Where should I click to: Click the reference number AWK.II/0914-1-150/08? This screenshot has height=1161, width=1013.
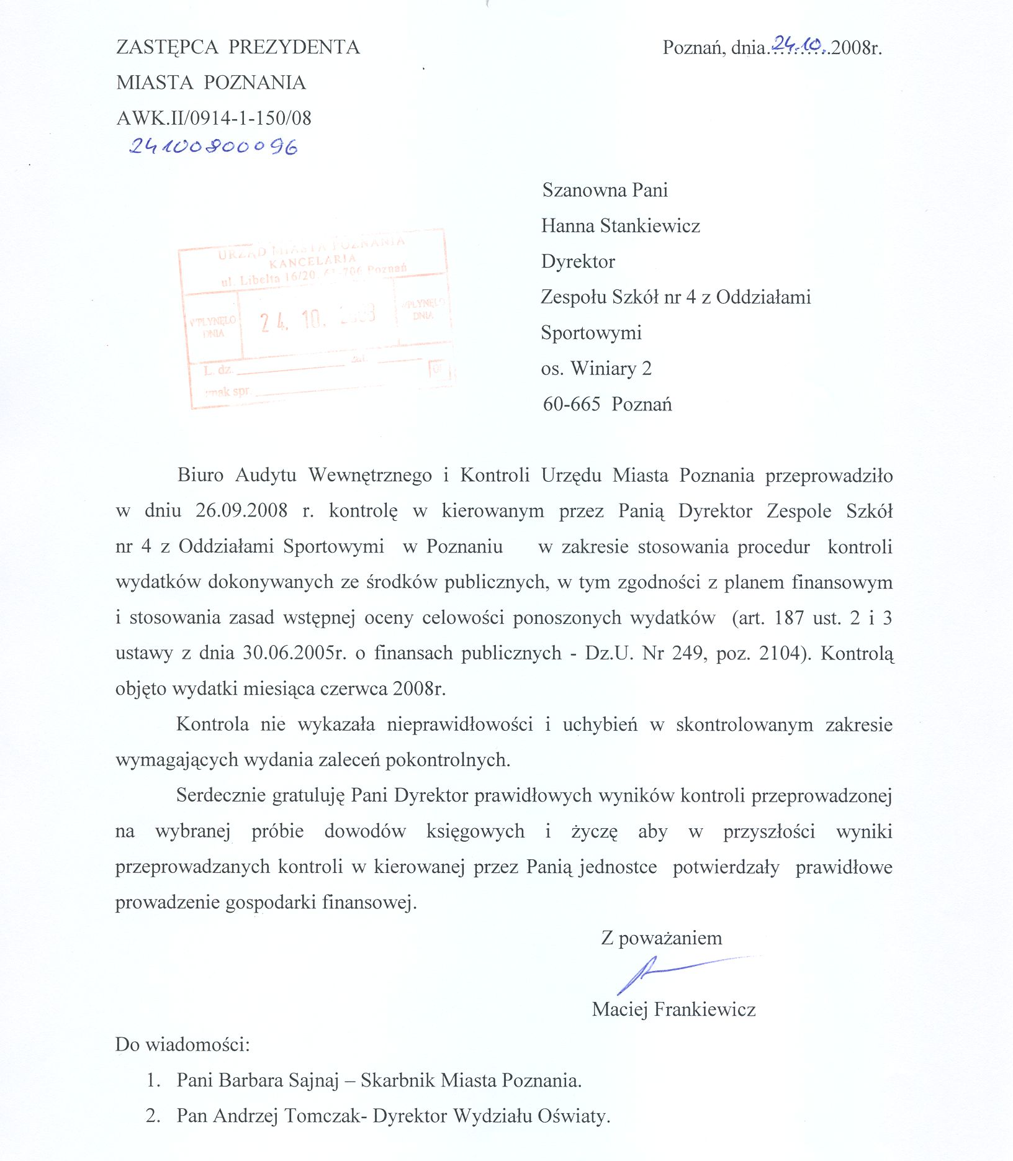[214, 118]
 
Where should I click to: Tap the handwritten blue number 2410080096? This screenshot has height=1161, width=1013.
[213, 147]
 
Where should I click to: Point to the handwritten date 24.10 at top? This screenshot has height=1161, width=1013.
[798, 43]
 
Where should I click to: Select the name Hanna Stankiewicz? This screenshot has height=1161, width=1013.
[620, 225]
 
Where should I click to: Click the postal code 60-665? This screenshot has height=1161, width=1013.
[571, 404]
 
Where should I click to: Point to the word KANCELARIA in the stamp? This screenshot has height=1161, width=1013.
[312, 261]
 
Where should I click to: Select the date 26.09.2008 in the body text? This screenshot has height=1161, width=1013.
[241, 511]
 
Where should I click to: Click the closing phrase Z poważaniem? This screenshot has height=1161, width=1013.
[661, 937]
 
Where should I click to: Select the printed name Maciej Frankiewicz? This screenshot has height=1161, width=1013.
[673, 1009]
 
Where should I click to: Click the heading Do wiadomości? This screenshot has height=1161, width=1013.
[182, 1044]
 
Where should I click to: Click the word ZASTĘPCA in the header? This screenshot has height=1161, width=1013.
[168, 47]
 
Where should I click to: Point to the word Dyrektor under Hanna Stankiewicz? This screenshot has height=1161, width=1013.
[578, 261]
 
